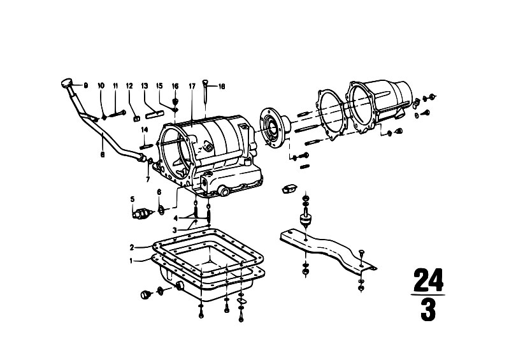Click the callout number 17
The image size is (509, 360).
[x=192, y=86]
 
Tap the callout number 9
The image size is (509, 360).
[x=86, y=85]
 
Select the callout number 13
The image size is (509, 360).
[x=145, y=85]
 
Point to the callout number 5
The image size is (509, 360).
[x=133, y=199]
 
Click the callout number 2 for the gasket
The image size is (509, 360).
[x=132, y=247]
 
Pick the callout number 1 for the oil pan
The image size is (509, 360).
[x=131, y=261]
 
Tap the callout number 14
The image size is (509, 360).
[x=145, y=130]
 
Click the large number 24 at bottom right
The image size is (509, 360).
[x=428, y=280]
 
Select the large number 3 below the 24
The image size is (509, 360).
[x=428, y=310]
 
